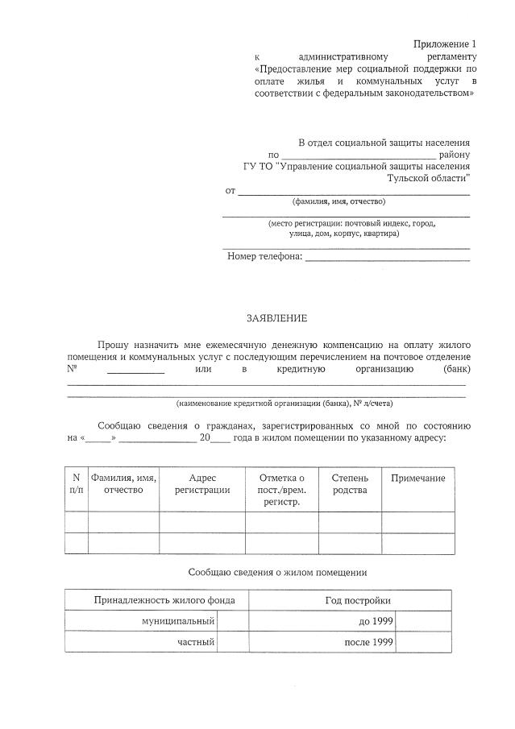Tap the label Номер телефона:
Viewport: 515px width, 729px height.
click(x=264, y=256)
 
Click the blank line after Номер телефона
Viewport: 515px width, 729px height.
click(x=387, y=257)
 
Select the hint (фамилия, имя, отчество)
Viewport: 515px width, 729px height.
click(x=338, y=201)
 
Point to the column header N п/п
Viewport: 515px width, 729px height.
click(x=76, y=484)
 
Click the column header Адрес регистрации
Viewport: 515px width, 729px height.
click(x=202, y=484)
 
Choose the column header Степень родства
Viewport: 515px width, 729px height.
click(x=350, y=484)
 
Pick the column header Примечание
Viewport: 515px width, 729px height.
click(x=417, y=478)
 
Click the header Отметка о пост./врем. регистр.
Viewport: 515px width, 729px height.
click(x=281, y=490)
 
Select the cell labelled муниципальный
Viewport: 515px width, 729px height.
click(x=178, y=621)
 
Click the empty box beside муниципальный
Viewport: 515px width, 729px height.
click(x=233, y=621)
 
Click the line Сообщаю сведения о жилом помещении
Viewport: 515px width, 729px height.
click(x=277, y=573)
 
